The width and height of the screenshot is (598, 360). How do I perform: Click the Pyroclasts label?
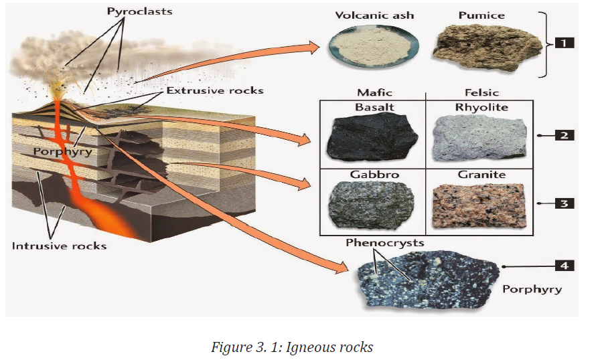coord(139,12)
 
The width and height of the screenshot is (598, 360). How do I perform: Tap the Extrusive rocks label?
coord(215,90)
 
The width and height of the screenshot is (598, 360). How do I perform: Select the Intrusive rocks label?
coord(59,246)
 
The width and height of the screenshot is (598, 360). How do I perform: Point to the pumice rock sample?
coord(488,48)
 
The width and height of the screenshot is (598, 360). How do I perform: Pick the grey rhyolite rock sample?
coord(479,138)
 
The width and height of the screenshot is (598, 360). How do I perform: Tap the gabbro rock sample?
coord(372,205)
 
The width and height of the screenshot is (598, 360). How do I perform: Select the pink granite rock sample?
coord(479,205)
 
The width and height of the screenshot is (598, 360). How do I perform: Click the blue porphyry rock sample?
coord(427,280)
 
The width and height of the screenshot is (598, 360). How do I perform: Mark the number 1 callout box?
coord(564,43)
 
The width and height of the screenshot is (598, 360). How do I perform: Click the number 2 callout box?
coord(565,135)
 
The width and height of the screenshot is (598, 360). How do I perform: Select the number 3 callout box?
coord(565,203)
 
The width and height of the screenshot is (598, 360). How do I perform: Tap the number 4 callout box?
coord(565,266)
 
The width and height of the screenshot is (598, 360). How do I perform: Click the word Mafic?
coord(374,92)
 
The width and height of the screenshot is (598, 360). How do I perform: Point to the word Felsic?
coord(481,92)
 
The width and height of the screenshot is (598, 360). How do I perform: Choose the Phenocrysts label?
coord(385,243)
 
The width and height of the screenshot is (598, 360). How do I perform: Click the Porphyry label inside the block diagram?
coord(62,152)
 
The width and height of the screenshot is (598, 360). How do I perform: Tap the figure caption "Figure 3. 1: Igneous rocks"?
coord(292,347)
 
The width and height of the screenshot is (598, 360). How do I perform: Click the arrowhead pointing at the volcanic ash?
coord(313,48)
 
